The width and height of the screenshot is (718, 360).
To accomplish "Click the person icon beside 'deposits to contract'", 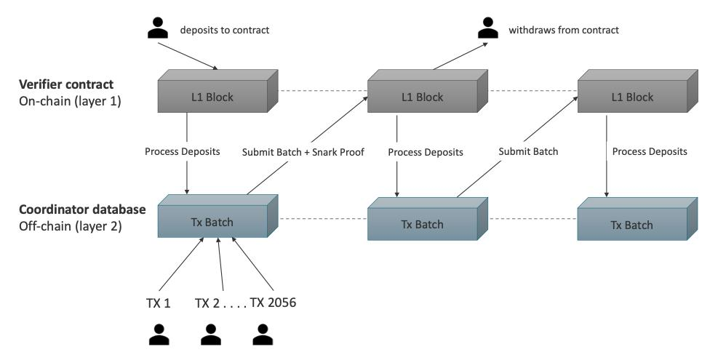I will pyautogui.click(x=157, y=28).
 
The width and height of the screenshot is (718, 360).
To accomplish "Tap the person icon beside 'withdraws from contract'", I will pyautogui.click(x=487, y=28).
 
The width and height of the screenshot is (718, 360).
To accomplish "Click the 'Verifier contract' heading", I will pyautogui.click(x=66, y=84).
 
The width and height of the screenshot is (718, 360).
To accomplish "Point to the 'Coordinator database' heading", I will pyautogui.click(x=82, y=209).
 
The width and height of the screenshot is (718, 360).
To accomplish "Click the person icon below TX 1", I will pyautogui.click(x=158, y=335).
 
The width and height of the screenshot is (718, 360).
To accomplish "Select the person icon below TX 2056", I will pyautogui.click(x=263, y=335).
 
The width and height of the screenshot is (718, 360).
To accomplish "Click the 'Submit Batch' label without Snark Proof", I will pyautogui.click(x=528, y=152).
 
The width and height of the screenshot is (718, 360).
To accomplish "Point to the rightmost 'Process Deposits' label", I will pyautogui.click(x=650, y=152).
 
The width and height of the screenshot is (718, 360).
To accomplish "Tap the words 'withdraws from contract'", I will pyautogui.click(x=564, y=31).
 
